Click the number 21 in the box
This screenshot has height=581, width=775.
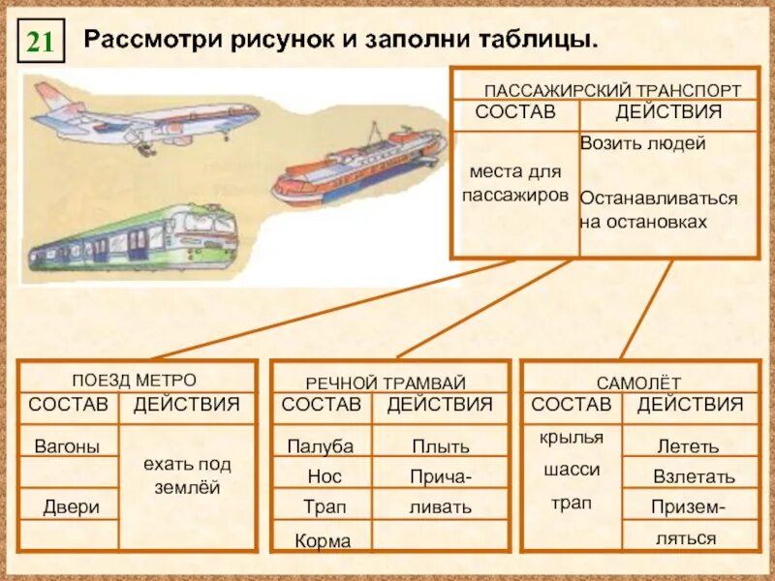click(41, 42)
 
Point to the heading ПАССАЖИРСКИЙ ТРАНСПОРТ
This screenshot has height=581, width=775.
click(611, 89)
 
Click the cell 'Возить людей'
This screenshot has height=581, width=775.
click(642, 143)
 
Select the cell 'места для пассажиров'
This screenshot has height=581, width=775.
click(514, 182)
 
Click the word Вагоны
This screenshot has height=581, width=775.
click(67, 446)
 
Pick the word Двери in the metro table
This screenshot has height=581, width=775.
click(71, 506)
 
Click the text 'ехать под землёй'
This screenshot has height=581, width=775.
click(188, 475)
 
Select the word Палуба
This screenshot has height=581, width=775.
click(321, 446)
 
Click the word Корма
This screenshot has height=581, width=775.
click(325, 541)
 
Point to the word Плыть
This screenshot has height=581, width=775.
click(440, 446)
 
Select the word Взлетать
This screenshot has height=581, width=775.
click(694, 477)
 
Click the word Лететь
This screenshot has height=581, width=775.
click(688, 446)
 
